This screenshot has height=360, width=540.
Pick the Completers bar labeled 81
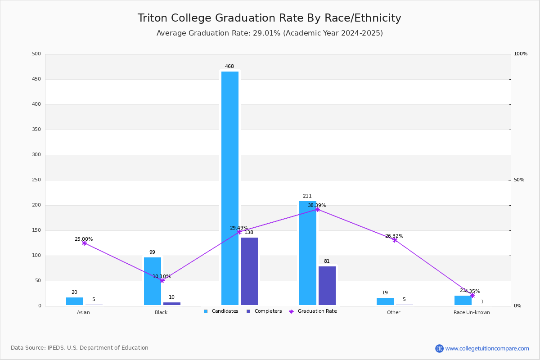pyautogui.click(x=327, y=285)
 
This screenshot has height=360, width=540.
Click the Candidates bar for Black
pyautogui.click(x=153, y=281)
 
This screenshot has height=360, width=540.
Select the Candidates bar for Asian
pyautogui.click(x=75, y=301)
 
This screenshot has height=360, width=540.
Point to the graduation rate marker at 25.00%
pyautogui.click(x=84, y=243)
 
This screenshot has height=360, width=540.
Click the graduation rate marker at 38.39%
pyautogui.click(x=317, y=209)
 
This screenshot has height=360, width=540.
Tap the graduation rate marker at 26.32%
pyautogui.click(x=395, y=240)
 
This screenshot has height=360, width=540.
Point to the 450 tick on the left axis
pyautogui.click(x=36, y=79)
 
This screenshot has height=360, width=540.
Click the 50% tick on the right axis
pyautogui.click(x=519, y=180)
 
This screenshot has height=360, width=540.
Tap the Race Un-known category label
pyautogui.click(x=472, y=312)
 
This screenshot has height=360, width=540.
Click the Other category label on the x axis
pyautogui.click(x=393, y=312)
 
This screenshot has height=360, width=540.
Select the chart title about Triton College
pyautogui.click(x=269, y=18)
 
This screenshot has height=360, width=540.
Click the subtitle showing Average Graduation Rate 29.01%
pyautogui.click(x=269, y=33)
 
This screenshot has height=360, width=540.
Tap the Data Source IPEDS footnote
pyautogui.click(x=80, y=348)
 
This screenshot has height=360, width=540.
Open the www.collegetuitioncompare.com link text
pyautogui.click(x=487, y=348)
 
